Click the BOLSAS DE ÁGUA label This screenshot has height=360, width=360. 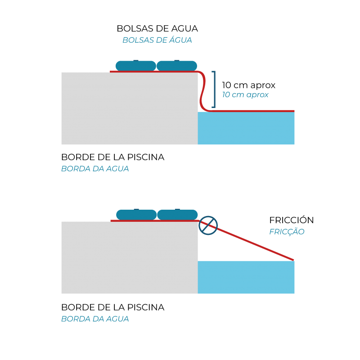coord(157,40)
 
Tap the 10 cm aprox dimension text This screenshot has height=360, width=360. coord(245,94)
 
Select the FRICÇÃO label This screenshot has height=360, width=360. coord(287,232)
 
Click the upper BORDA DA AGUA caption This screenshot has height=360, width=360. coord(95,169)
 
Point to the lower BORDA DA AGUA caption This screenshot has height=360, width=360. coord(95,319)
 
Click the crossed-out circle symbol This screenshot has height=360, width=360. coord(208,225)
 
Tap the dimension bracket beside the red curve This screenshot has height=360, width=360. coord(214,89)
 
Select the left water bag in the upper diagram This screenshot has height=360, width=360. coord(135,66)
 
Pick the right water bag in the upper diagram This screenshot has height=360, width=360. coord(177,66)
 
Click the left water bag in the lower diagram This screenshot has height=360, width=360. coord(136,215)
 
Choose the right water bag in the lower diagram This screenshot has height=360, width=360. coord(177,215)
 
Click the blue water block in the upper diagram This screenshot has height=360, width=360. coord(246,128)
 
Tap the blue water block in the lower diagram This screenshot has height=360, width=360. coord(246,277)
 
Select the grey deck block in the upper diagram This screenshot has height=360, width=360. coord(129,108)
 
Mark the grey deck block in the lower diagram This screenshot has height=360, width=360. coord(129,257)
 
